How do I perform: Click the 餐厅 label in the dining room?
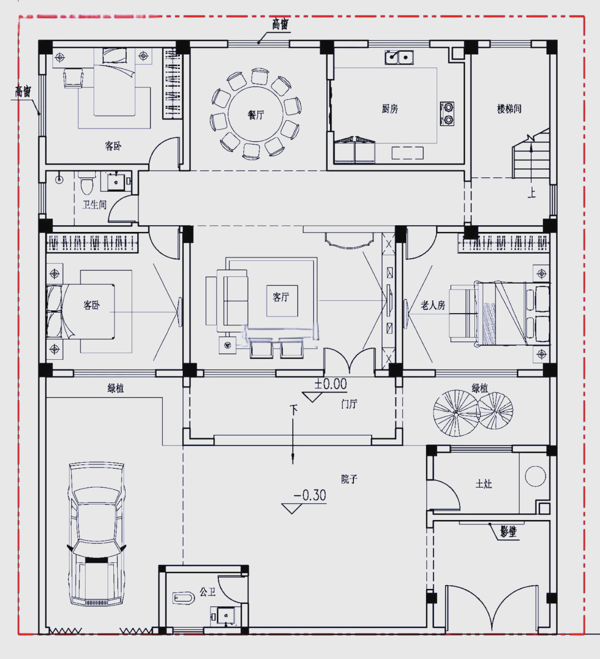(x=256, y=115)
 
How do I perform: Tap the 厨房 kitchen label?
(x=389, y=109)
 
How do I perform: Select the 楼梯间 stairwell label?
(x=509, y=109)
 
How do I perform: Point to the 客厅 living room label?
(x=281, y=297)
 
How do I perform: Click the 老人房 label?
(x=433, y=305)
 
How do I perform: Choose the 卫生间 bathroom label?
(x=94, y=205)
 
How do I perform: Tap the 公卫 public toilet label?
(x=207, y=592)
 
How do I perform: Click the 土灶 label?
(x=484, y=484)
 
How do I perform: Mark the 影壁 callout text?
(x=508, y=532)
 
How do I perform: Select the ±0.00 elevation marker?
(x=331, y=384)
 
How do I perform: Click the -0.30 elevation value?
(x=310, y=495)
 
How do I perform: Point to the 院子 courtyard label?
(x=349, y=479)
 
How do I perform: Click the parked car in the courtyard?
(x=97, y=534)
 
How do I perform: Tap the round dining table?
(x=256, y=115)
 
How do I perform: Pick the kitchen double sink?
(x=399, y=57)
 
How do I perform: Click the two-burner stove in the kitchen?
(x=447, y=113)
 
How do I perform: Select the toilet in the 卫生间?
(x=86, y=184)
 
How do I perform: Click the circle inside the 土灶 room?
(x=536, y=476)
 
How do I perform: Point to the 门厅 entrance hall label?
(x=349, y=404)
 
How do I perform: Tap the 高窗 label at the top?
(x=280, y=24)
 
